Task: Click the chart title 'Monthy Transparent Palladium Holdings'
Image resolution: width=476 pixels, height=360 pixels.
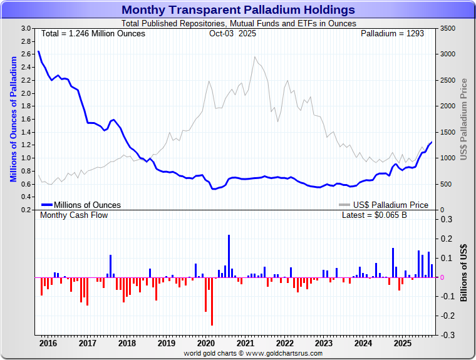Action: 237,10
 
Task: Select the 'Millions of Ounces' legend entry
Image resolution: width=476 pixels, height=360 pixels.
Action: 81,205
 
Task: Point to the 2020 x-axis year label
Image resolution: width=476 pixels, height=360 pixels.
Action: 205,343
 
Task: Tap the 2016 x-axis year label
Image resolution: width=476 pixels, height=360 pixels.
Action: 48,343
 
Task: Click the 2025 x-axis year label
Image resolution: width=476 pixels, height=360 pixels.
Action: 402,343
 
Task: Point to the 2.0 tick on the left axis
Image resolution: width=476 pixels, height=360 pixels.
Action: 26,93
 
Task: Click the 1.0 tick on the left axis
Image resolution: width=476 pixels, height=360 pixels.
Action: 26,158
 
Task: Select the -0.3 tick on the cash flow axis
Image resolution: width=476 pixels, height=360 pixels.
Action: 447,335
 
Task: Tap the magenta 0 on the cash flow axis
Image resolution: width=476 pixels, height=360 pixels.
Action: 443,277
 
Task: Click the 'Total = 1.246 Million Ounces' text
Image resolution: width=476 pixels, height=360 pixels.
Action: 93,33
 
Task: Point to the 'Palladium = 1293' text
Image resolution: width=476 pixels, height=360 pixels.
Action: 392,33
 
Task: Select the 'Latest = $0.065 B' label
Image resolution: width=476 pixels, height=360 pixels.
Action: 374,215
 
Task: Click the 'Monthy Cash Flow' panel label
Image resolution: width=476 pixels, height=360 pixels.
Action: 74,215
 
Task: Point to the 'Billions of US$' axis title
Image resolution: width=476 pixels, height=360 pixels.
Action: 463,273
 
